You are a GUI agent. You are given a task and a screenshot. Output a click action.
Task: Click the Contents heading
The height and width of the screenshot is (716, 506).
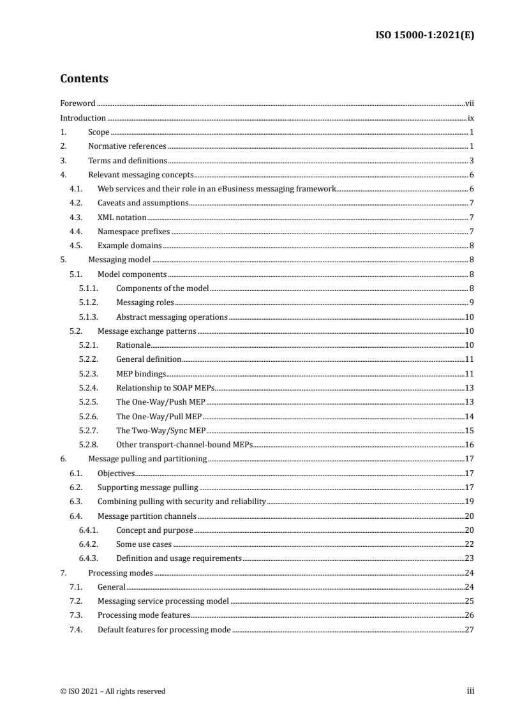pyautogui.click(x=84, y=79)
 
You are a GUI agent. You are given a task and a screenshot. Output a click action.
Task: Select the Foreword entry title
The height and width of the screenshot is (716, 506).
pyautogui.click(x=78, y=103)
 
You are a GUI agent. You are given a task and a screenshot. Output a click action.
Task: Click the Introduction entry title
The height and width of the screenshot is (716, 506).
pyautogui.click(x=83, y=117)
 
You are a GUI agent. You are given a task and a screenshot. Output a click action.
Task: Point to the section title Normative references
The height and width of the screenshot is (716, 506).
pyautogui.click(x=127, y=146)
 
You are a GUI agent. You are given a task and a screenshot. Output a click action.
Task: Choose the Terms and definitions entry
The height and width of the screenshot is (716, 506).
pyautogui.click(x=128, y=160)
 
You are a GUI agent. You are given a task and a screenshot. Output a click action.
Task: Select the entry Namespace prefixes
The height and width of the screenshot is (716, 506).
pyautogui.click(x=133, y=232)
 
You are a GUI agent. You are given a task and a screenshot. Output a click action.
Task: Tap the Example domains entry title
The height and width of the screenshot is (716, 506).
pyautogui.click(x=130, y=246)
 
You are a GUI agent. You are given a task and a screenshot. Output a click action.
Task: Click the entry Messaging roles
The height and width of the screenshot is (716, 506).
pyautogui.click(x=145, y=302)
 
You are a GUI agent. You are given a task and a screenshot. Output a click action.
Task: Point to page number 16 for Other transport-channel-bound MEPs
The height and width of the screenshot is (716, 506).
pyautogui.click(x=468, y=445)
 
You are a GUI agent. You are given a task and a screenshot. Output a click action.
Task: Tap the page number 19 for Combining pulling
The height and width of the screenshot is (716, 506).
pyautogui.click(x=468, y=502)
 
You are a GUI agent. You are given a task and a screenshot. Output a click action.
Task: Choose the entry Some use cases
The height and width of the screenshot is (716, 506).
pyautogui.click(x=144, y=544)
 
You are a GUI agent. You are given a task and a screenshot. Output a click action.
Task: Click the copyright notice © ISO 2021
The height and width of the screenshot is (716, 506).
pyautogui.click(x=112, y=691)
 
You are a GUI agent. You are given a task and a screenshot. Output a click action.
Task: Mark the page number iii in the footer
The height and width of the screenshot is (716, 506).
pyautogui.click(x=470, y=691)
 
